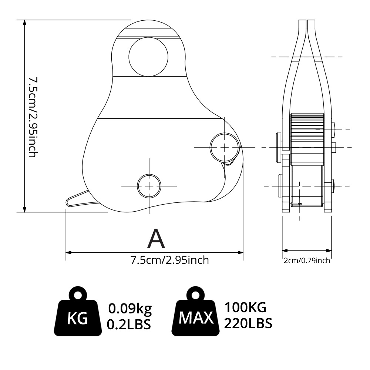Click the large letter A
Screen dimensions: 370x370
click(156, 239)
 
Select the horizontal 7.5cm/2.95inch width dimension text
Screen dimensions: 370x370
click(170, 260)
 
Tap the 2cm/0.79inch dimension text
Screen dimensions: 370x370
click(307, 260)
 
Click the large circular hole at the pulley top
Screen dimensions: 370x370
click(148, 57)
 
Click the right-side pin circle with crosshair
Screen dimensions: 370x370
click(225, 147)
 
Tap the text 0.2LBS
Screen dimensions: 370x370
click(129, 324)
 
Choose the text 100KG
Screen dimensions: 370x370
click(245, 307)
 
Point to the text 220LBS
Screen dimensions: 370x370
click(248, 323)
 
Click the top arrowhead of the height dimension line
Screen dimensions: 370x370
click(24, 23)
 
